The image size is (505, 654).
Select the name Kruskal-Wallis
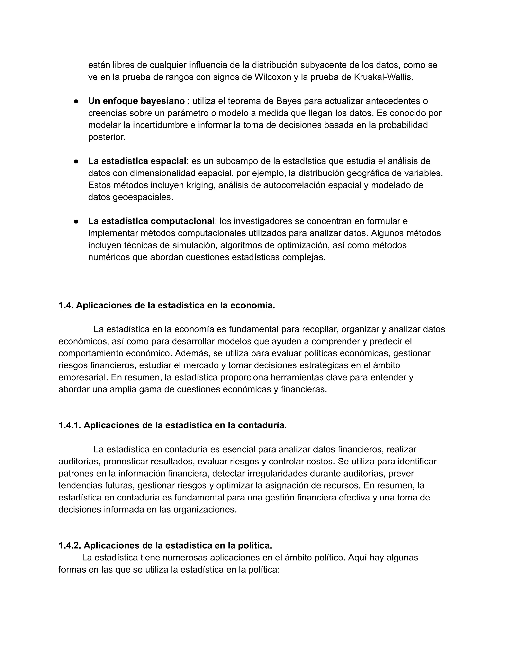(x=383, y=77)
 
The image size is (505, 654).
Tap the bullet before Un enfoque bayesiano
(x=76, y=101)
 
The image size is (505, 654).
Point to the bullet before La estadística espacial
(x=76, y=161)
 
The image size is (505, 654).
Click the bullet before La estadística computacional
(x=76, y=222)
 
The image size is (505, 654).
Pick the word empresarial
(x=83, y=377)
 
